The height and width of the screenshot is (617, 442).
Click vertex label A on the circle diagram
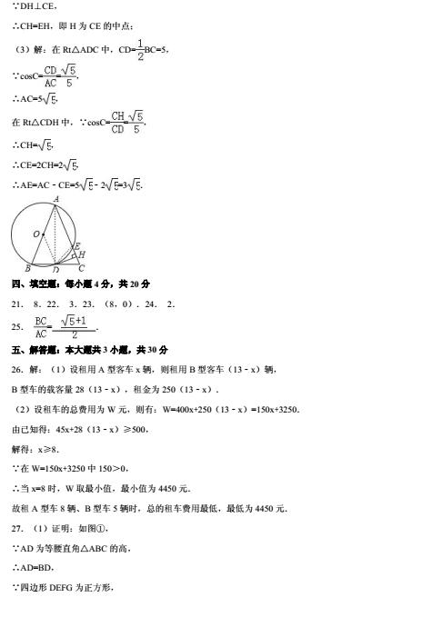pyautogui.click(x=55, y=197)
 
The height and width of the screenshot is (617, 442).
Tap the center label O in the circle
pyautogui.click(x=36, y=234)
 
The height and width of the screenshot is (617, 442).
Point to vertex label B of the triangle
pyautogui.click(x=27, y=268)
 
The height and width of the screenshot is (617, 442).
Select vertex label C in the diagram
pyautogui.click(x=82, y=268)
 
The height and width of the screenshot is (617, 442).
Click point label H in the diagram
pyautogui.click(x=83, y=254)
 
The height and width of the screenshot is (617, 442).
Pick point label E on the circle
pyautogui.click(x=76, y=245)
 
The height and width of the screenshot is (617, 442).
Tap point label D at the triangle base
pyautogui.click(x=55, y=270)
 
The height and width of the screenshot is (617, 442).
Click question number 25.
pyautogui.click(x=17, y=326)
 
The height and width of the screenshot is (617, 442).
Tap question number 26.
pyautogui.click(x=17, y=368)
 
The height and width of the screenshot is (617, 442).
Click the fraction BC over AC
pyautogui.click(x=40, y=326)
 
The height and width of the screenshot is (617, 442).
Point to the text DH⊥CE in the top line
pyautogui.click(x=35, y=6)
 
